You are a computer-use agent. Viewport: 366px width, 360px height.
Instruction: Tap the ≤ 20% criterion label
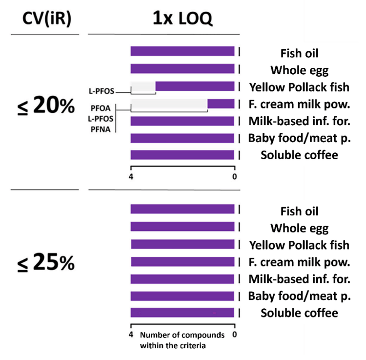pos(44,106)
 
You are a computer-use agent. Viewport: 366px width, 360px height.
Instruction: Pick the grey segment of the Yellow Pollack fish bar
pos(143,86)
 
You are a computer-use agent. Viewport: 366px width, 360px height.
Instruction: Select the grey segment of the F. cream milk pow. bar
pos(169,104)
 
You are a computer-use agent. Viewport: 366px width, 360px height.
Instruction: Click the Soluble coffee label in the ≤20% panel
pos(294,156)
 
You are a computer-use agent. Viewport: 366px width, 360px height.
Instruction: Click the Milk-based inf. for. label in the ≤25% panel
pos(299,279)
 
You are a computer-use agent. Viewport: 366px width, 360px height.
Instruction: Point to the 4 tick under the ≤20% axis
pos(131,176)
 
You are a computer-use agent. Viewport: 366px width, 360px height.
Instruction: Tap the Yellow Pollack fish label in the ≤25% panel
pos(299,245)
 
